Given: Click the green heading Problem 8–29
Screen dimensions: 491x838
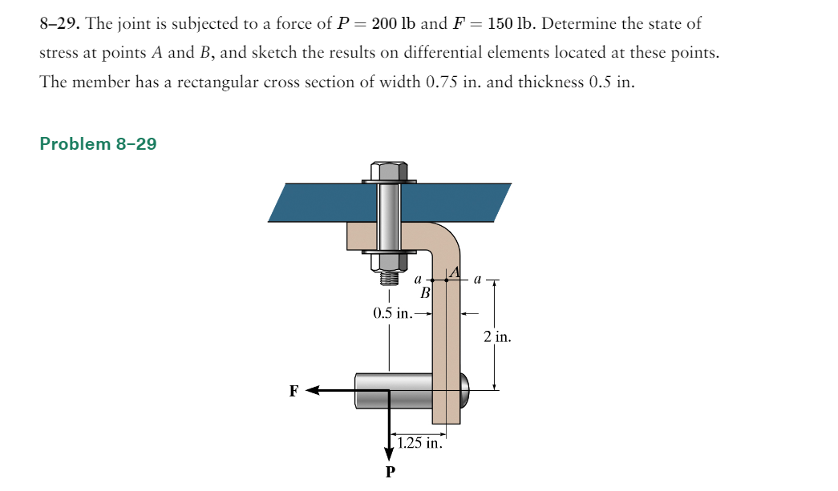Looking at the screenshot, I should (x=98, y=144).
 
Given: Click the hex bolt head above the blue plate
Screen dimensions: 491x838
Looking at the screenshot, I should (x=389, y=171).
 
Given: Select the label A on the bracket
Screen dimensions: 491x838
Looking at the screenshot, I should (x=455, y=272).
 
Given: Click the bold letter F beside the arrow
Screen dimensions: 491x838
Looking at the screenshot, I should (x=294, y=391).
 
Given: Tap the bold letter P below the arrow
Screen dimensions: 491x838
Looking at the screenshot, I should (x=390, y=472).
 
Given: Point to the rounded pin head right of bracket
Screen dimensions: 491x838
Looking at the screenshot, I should (x=464, y=390).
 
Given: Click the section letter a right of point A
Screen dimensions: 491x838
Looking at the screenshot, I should (x=477, y=280).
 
